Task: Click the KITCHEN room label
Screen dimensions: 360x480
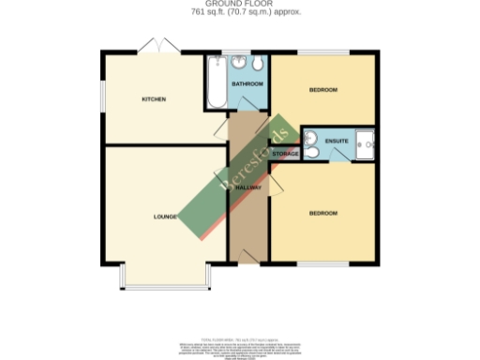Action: point(154,98)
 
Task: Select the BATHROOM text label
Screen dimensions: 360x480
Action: point(247,84)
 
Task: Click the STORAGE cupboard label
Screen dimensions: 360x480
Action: point(285,153)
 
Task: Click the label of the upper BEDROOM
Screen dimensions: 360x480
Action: point(323,90)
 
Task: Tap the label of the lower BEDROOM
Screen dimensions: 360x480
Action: point(323,214)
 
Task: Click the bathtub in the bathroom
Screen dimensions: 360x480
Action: point(216,86)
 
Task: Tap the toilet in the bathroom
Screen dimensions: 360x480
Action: point(256,63)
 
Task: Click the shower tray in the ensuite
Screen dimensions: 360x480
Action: point(365,141)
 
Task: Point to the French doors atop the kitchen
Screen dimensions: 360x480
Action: point(156,47)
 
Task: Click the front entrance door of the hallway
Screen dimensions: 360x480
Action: point(247,256)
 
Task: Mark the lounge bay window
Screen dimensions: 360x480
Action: point(165,285)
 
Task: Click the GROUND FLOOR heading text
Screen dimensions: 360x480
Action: point(239,5)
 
